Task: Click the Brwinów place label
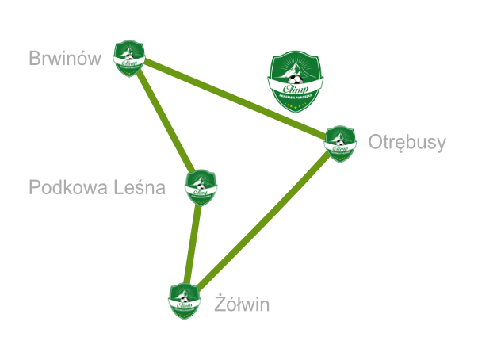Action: pyautogui.click(x=65, y=59)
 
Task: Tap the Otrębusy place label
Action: pyautogui.click(x=407, y=143)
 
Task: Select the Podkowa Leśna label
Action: pyautogui.click(x=97, y=189)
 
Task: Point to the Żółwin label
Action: pyautogui.click(x=243, y=304)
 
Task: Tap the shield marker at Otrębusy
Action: pyautogui.click(x=340, y=144)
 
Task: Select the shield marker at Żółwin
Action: pyautogui.click(x=185, y=301)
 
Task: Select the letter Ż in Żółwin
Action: pyautogui.click(x=220, y=304)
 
